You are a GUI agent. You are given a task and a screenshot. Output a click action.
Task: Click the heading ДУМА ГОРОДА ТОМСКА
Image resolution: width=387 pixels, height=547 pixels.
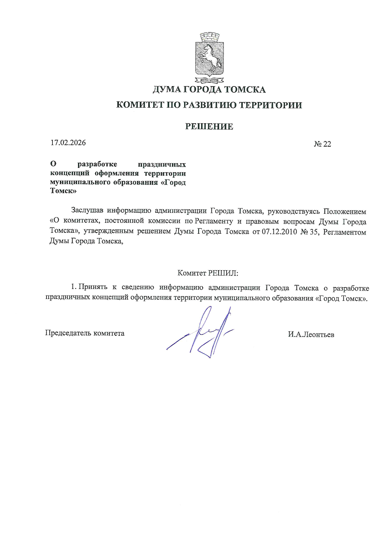click(x=209, y=90)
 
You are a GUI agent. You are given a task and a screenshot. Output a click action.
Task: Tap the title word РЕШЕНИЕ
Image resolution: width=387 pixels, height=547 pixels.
click(x=209, y=126)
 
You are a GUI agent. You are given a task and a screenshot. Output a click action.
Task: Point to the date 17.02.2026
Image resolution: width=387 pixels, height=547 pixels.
click(x=68, y=143)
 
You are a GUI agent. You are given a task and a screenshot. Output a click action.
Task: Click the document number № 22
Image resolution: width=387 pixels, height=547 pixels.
click(x=322, y=144)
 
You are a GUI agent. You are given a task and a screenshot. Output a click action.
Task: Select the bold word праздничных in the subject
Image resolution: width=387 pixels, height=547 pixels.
click(x=162, y=164)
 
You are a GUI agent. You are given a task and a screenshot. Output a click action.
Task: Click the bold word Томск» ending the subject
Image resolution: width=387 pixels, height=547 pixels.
click(x=63, y=191)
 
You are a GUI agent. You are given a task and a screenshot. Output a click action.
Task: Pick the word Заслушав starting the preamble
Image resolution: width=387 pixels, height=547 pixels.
click(x=87, y=211)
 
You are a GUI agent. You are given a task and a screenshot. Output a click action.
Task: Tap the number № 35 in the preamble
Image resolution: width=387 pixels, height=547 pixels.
click(x=308, y=232)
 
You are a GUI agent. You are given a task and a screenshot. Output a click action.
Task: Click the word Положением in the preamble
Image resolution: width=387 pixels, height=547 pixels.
click(x=345, y=211)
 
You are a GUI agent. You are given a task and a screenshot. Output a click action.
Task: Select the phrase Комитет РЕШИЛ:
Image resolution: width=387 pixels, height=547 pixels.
click(x=208, y=273)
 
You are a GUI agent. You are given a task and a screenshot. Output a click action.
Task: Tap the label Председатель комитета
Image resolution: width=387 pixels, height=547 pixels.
click(x=85, y=333)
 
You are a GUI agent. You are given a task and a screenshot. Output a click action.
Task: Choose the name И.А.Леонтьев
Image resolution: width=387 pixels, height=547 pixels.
click(x=311, y=335)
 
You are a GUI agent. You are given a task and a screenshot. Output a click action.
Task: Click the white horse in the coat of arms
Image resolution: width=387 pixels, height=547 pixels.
click(x=209, y=56)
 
